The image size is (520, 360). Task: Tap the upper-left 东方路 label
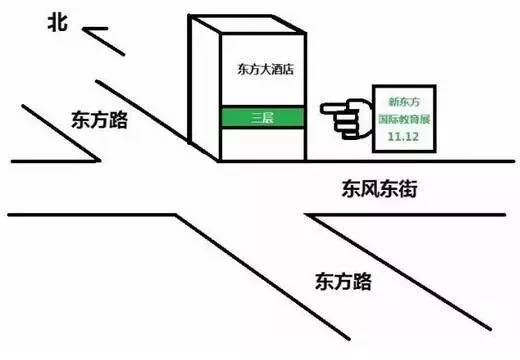(x=100, y=119)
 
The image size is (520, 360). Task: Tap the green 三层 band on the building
(x=265, y=117)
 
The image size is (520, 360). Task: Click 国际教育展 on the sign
(x=406, y=117)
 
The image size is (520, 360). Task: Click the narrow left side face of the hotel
(x=204, y=90)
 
